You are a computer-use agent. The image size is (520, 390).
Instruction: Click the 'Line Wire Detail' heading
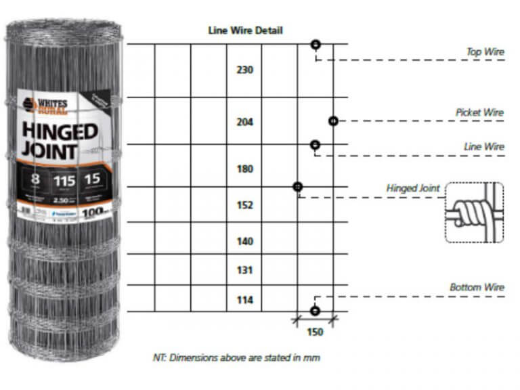click(244, 30)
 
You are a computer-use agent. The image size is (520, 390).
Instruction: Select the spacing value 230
click(244, 70)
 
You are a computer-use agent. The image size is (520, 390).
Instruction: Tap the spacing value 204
click(244, 123)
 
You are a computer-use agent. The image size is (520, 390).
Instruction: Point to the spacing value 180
click(244, 169)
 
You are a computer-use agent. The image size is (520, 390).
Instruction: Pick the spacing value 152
click(244, 205)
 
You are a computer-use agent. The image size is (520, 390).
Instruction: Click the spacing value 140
click(244, 242)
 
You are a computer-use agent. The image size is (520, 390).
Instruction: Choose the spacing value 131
click(244, 271)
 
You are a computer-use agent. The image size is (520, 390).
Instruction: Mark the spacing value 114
click(244, 300)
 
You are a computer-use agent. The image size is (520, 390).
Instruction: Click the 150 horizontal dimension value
click(315, 332)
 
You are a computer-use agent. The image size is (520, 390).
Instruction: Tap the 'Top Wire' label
click(485, 51)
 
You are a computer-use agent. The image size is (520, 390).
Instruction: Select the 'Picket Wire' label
click(479, 112)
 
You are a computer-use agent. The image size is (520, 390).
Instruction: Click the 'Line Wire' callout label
click(484, 147)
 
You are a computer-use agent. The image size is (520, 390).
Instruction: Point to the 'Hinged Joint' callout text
click(413, 188)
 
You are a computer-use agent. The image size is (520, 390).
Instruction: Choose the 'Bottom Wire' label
click(477, 288)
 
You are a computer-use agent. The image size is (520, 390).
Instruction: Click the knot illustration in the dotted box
click(474, 212)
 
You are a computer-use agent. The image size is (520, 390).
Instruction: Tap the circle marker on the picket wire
click(333, 121)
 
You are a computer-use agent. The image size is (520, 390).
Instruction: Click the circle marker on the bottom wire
click(315, 311)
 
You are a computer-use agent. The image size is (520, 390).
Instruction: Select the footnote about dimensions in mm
click(236, 357)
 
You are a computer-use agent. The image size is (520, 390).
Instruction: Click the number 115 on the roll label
click(64, 181)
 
